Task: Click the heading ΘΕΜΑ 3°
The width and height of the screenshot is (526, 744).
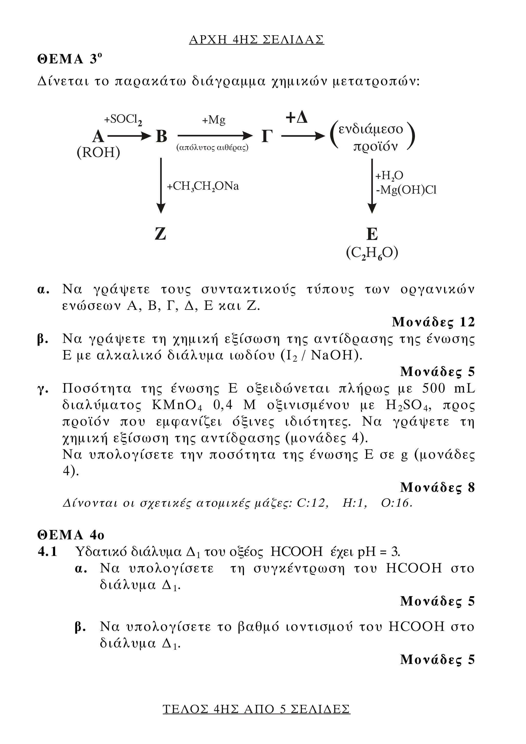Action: click(70, 59)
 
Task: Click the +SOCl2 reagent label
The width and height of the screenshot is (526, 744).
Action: click(123, 120)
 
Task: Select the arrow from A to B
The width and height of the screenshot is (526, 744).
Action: click(129, 136)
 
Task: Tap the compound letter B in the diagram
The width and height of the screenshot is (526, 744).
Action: click(161, 136)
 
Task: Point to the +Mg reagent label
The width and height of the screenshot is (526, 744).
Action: click(214, 120)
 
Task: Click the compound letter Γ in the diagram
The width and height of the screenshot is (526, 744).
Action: click(267, 136)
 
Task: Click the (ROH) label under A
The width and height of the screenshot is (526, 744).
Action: click(98, 152)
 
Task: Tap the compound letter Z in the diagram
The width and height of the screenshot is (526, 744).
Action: click(161, 233)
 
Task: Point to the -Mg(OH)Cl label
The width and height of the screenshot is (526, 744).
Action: click(406, 190)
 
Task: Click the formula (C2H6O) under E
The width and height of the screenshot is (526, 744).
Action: click(372, 253)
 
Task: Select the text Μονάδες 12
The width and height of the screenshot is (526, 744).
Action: click(433, 322)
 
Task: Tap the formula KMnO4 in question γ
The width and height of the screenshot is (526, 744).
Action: click(177, 405)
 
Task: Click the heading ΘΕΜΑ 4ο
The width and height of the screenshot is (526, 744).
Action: click(71, 535)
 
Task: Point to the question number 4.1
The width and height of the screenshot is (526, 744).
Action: click(48, 552)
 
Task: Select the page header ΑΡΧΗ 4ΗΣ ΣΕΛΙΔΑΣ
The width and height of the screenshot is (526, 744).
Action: click(256, 40)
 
